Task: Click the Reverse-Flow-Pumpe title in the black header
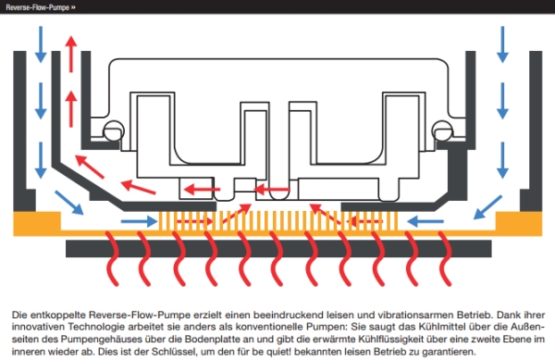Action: pyautogui.click(x=38, y=7)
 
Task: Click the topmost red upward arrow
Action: pyautogui.click(x=71, y=54)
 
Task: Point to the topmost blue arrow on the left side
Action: pyautogui.click(x=41, y=44)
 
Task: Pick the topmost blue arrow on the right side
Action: pyautogui.click(x=502, y=44)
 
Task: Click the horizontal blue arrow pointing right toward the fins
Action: pyautogui.click(x=139, y=221)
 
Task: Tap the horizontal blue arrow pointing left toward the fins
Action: pyautogui.click(x=425, y=221)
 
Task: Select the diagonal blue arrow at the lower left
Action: pyautogui.click(x=69, y=203)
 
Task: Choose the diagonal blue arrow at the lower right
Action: pyautogui.click(x=487, y=207)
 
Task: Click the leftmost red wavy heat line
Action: pyautogui.click(x=113, y=258)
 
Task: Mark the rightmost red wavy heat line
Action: pyautogui.click(x=445, y=258)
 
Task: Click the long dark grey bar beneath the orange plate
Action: pyautogui.click(x=278, y=249)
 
